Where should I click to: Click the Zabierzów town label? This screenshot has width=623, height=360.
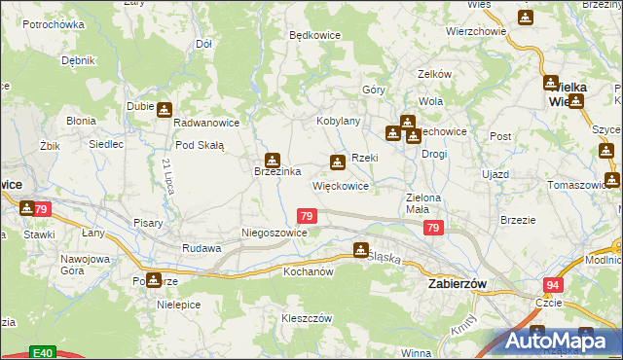pos(464,282)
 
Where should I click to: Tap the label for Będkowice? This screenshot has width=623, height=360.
pos(312,34)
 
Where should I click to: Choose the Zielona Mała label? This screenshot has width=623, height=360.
pos(424,203)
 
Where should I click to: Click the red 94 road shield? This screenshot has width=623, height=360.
pos(554,284)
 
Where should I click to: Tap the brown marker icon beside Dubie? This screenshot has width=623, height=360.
pos(164,109)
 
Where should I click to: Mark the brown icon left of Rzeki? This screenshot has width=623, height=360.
pos(337,162)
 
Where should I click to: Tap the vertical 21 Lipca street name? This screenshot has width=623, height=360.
pos(168,175)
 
